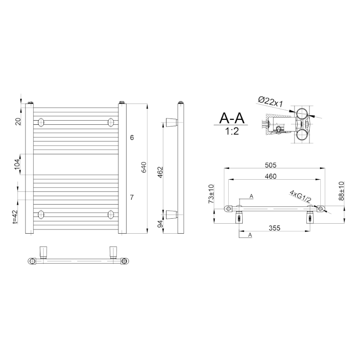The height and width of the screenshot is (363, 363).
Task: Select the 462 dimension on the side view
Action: pyautogui.click(x=160, y=172)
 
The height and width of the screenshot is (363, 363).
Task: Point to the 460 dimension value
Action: pyautogui.click(x=270, y=177)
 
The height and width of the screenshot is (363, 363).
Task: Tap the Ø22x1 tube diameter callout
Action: pyautogui.click(x=270, y=102)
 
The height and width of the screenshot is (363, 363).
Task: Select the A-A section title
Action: pyautogui.click(x=231, y=118)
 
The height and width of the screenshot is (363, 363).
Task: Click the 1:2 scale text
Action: pyautogui.click(x=231, y=132)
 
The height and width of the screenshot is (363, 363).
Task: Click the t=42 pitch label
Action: pyautogui.click(x=15, y=216)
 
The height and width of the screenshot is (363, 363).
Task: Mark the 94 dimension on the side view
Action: pyautogui.click(x=160, y=223)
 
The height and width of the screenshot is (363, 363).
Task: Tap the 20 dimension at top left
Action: pyautogui.click(x=18, y=121)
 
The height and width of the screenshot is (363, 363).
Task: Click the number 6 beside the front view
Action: pyautogui.click(x=132, y=137)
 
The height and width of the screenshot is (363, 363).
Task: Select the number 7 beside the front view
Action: pyautogui.click(x=132, y=197)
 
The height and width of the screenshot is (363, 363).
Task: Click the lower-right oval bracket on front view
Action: pyautogui.click(x=110, y=214)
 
